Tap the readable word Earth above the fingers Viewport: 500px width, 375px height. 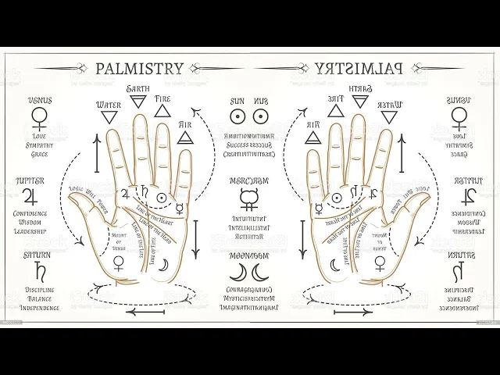(x=138, y=87)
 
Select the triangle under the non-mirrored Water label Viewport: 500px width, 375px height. (x=108, y=120)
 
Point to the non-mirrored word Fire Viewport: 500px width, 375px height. (x=162, y=99)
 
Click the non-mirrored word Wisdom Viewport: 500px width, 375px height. (x=30, y=222)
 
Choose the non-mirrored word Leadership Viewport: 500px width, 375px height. (x=30, y=231)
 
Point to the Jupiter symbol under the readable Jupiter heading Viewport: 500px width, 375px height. (x=30, y=195)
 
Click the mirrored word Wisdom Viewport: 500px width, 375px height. (x=469, y=222)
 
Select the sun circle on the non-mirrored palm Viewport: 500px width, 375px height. (x=161, y=197)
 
